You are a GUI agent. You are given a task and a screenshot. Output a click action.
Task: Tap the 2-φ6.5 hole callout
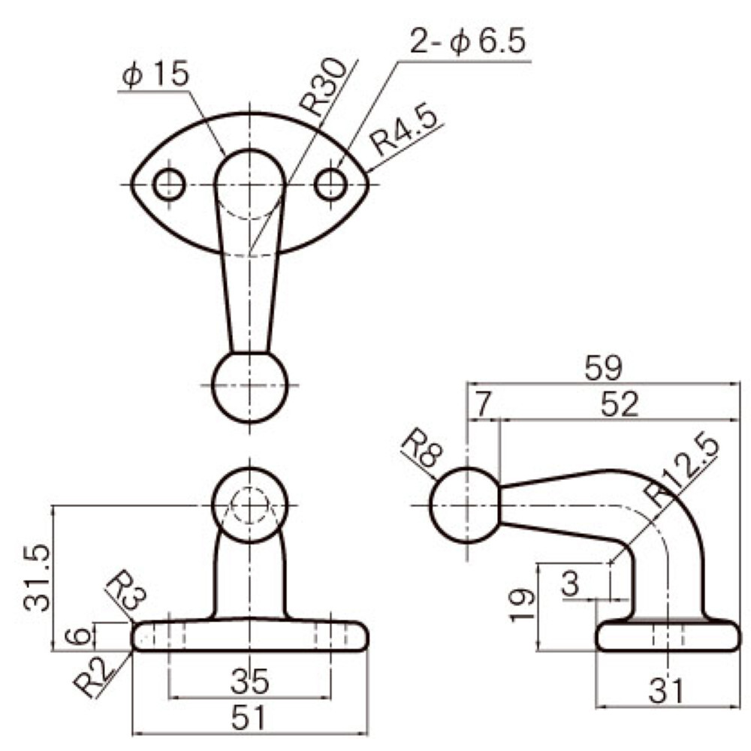468,41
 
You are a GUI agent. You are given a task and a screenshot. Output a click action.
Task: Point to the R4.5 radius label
405,131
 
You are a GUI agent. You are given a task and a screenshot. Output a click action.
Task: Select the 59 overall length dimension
604,368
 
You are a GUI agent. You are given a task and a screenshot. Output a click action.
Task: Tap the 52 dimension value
620,405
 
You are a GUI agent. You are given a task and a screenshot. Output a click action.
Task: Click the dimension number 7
483,405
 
